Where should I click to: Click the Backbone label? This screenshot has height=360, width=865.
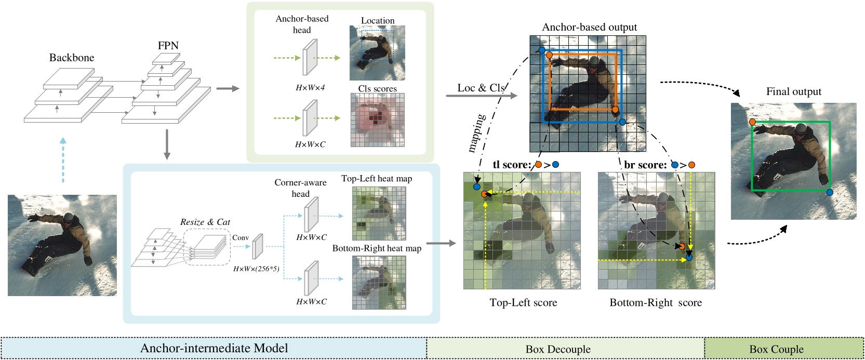(x=72, y=58)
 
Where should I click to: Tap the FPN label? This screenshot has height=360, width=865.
(x=168, y=46)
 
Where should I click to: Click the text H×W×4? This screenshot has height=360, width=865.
(x=310, y=88)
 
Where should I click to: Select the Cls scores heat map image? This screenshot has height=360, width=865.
(x=377, y=120)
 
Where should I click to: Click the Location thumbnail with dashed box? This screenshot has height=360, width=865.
(x=377, y=52)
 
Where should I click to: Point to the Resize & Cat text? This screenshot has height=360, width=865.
(x=205, y=222)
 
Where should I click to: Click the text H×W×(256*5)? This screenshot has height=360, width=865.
(x=256, y=269)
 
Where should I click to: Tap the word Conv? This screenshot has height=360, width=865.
(x=240, y=237)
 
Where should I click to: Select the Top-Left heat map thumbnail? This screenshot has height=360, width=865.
(x=379, y=213)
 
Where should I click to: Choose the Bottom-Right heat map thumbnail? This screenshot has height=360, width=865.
(x=379, y=283)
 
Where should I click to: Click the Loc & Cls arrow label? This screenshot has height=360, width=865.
(x=481, y=88)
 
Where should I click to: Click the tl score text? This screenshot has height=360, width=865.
(x=512, y=165)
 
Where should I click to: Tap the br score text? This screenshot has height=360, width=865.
(x=645, y=165)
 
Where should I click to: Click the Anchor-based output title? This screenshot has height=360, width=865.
(x=589, y=27)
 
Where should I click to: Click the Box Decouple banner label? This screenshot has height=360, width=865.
(x=558, y=349)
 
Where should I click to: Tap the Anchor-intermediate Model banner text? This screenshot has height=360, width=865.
(x=214, y=348)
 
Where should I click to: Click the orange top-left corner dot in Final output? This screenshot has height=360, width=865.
(x=752, y=122)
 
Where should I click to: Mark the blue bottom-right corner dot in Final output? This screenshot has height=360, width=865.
(x=830, y=193)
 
